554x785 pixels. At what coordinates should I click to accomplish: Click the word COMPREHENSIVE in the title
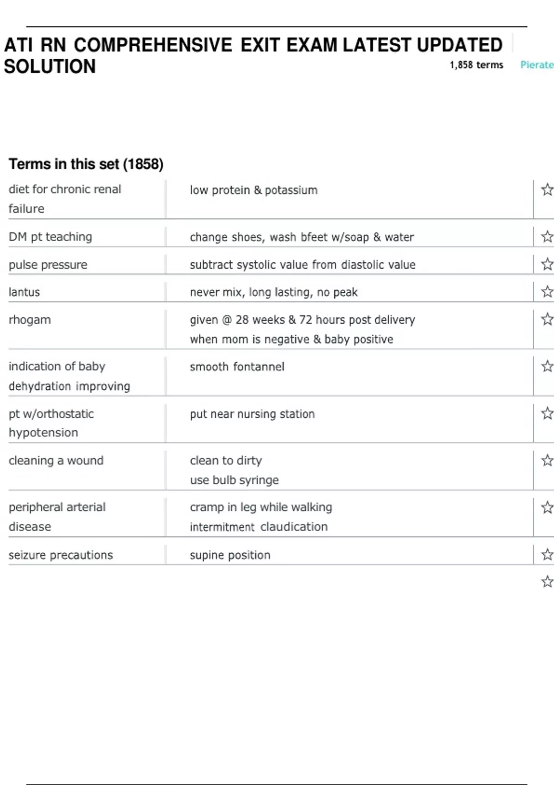(153, 45)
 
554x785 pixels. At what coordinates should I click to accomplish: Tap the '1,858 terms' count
(476, 65)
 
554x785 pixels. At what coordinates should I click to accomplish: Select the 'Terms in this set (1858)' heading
(86, 164)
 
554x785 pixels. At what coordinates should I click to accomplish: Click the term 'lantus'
(24, 292)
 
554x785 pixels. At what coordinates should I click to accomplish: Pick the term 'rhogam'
(30, 320)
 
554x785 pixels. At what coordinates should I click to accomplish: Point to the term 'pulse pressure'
(48, 265)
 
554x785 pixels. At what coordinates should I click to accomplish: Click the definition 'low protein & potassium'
(253, 190)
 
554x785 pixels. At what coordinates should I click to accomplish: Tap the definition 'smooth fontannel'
(237, 367)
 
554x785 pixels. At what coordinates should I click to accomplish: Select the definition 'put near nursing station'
(252, 414)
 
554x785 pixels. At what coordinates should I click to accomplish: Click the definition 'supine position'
(230, 555)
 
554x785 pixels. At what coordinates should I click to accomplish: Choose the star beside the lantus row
(547, 291)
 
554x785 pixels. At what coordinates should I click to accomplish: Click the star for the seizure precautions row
(547, 554)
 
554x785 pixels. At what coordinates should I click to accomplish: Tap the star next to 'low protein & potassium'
(547, 189)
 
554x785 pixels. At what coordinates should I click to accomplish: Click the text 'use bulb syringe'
(234, 480)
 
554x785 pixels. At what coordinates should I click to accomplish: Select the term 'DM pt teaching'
(50, 237)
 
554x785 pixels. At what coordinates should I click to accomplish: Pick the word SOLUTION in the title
(50, 66)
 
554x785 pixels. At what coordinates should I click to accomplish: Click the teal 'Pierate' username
(536, 65)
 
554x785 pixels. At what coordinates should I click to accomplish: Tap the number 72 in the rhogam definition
(306, 320)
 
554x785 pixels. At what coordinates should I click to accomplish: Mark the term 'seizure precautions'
(60, 555)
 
